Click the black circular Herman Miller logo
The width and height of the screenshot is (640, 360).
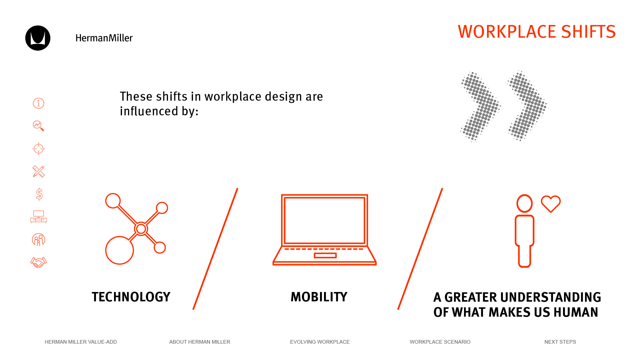pyautogui.click(x=38, y=38)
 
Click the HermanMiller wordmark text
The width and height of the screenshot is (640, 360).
pyautogui.click(x=104, y=38)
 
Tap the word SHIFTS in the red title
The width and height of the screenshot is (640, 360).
pyautogui.click(x=588, y=32)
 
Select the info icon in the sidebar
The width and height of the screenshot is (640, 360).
pyautogui.click(x=39, y=103)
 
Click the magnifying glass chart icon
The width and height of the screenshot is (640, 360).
pyautogui.click(x=39, y=126)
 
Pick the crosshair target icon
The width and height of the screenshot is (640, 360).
pyautogui.click(x=39, y=149)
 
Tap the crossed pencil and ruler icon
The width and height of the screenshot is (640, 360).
pyautogui.click(x=39, y=171)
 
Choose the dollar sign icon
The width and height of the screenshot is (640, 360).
pyautogui.click(x=39, y=194)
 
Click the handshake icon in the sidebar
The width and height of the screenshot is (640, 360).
pyautogui.click(x=39, y=262)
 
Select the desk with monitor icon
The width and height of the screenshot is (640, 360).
pyautogui.click(x=39, y=217)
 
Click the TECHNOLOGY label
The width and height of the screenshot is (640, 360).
pyautogui.click(x=131, y=297)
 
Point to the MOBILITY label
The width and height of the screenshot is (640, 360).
pyautogui.click(x=319, y=297)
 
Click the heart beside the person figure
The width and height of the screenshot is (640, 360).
pyautogui.click(x=551, y=204)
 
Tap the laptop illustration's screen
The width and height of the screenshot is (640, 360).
pyautogui.click(x=325, y=220)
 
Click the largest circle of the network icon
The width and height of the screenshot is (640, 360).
pyautogui.click(x=120, y=250)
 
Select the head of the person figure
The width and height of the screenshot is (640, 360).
pyautogui.click(x=525, y=203)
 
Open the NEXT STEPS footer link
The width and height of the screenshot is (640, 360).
pyautogui.click(x=560, y=342)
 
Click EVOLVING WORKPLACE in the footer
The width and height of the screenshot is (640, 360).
pyautogui.click(x=320, y=342)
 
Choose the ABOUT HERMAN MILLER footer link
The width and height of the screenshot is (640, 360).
pyautogui.click(x=200, y=342)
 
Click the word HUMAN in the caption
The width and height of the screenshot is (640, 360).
pyautogui.click(x=576, y=312)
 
